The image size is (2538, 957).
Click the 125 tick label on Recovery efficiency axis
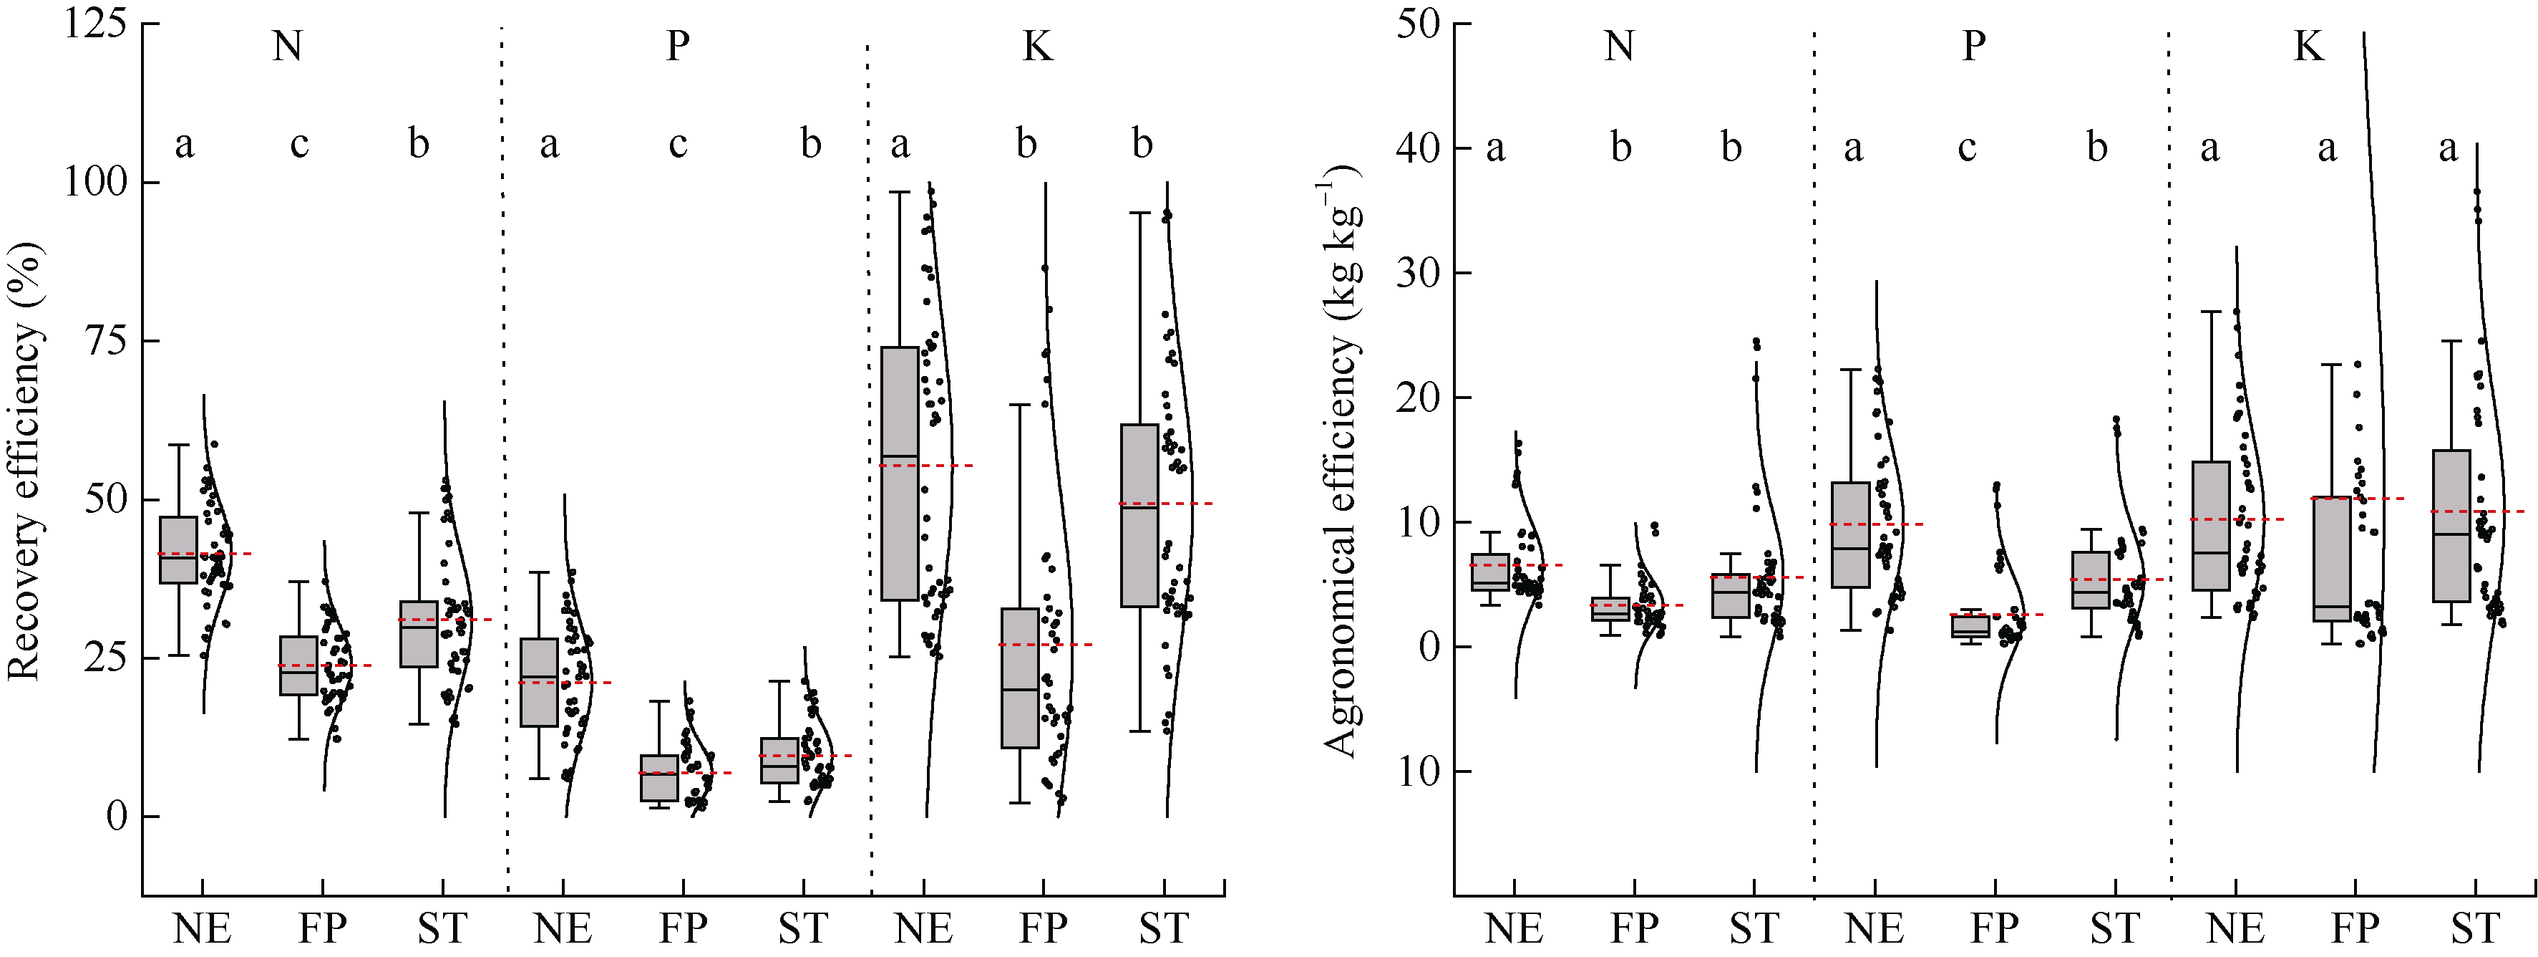(x=96, y=23)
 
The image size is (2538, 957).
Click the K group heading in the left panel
(x=1036, y=47)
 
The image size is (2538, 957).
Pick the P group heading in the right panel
(x=1973, y=47)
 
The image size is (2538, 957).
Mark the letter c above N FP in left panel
(x=299, y=145)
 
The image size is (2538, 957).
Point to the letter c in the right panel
(x=1967, y=148)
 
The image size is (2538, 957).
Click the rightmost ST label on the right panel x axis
(x=2476, y=928)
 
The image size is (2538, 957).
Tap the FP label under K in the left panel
(x=1042, y=928)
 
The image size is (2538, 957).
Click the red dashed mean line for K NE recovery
(x=945, y=464)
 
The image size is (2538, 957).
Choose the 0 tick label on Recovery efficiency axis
(x=117, y=816)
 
